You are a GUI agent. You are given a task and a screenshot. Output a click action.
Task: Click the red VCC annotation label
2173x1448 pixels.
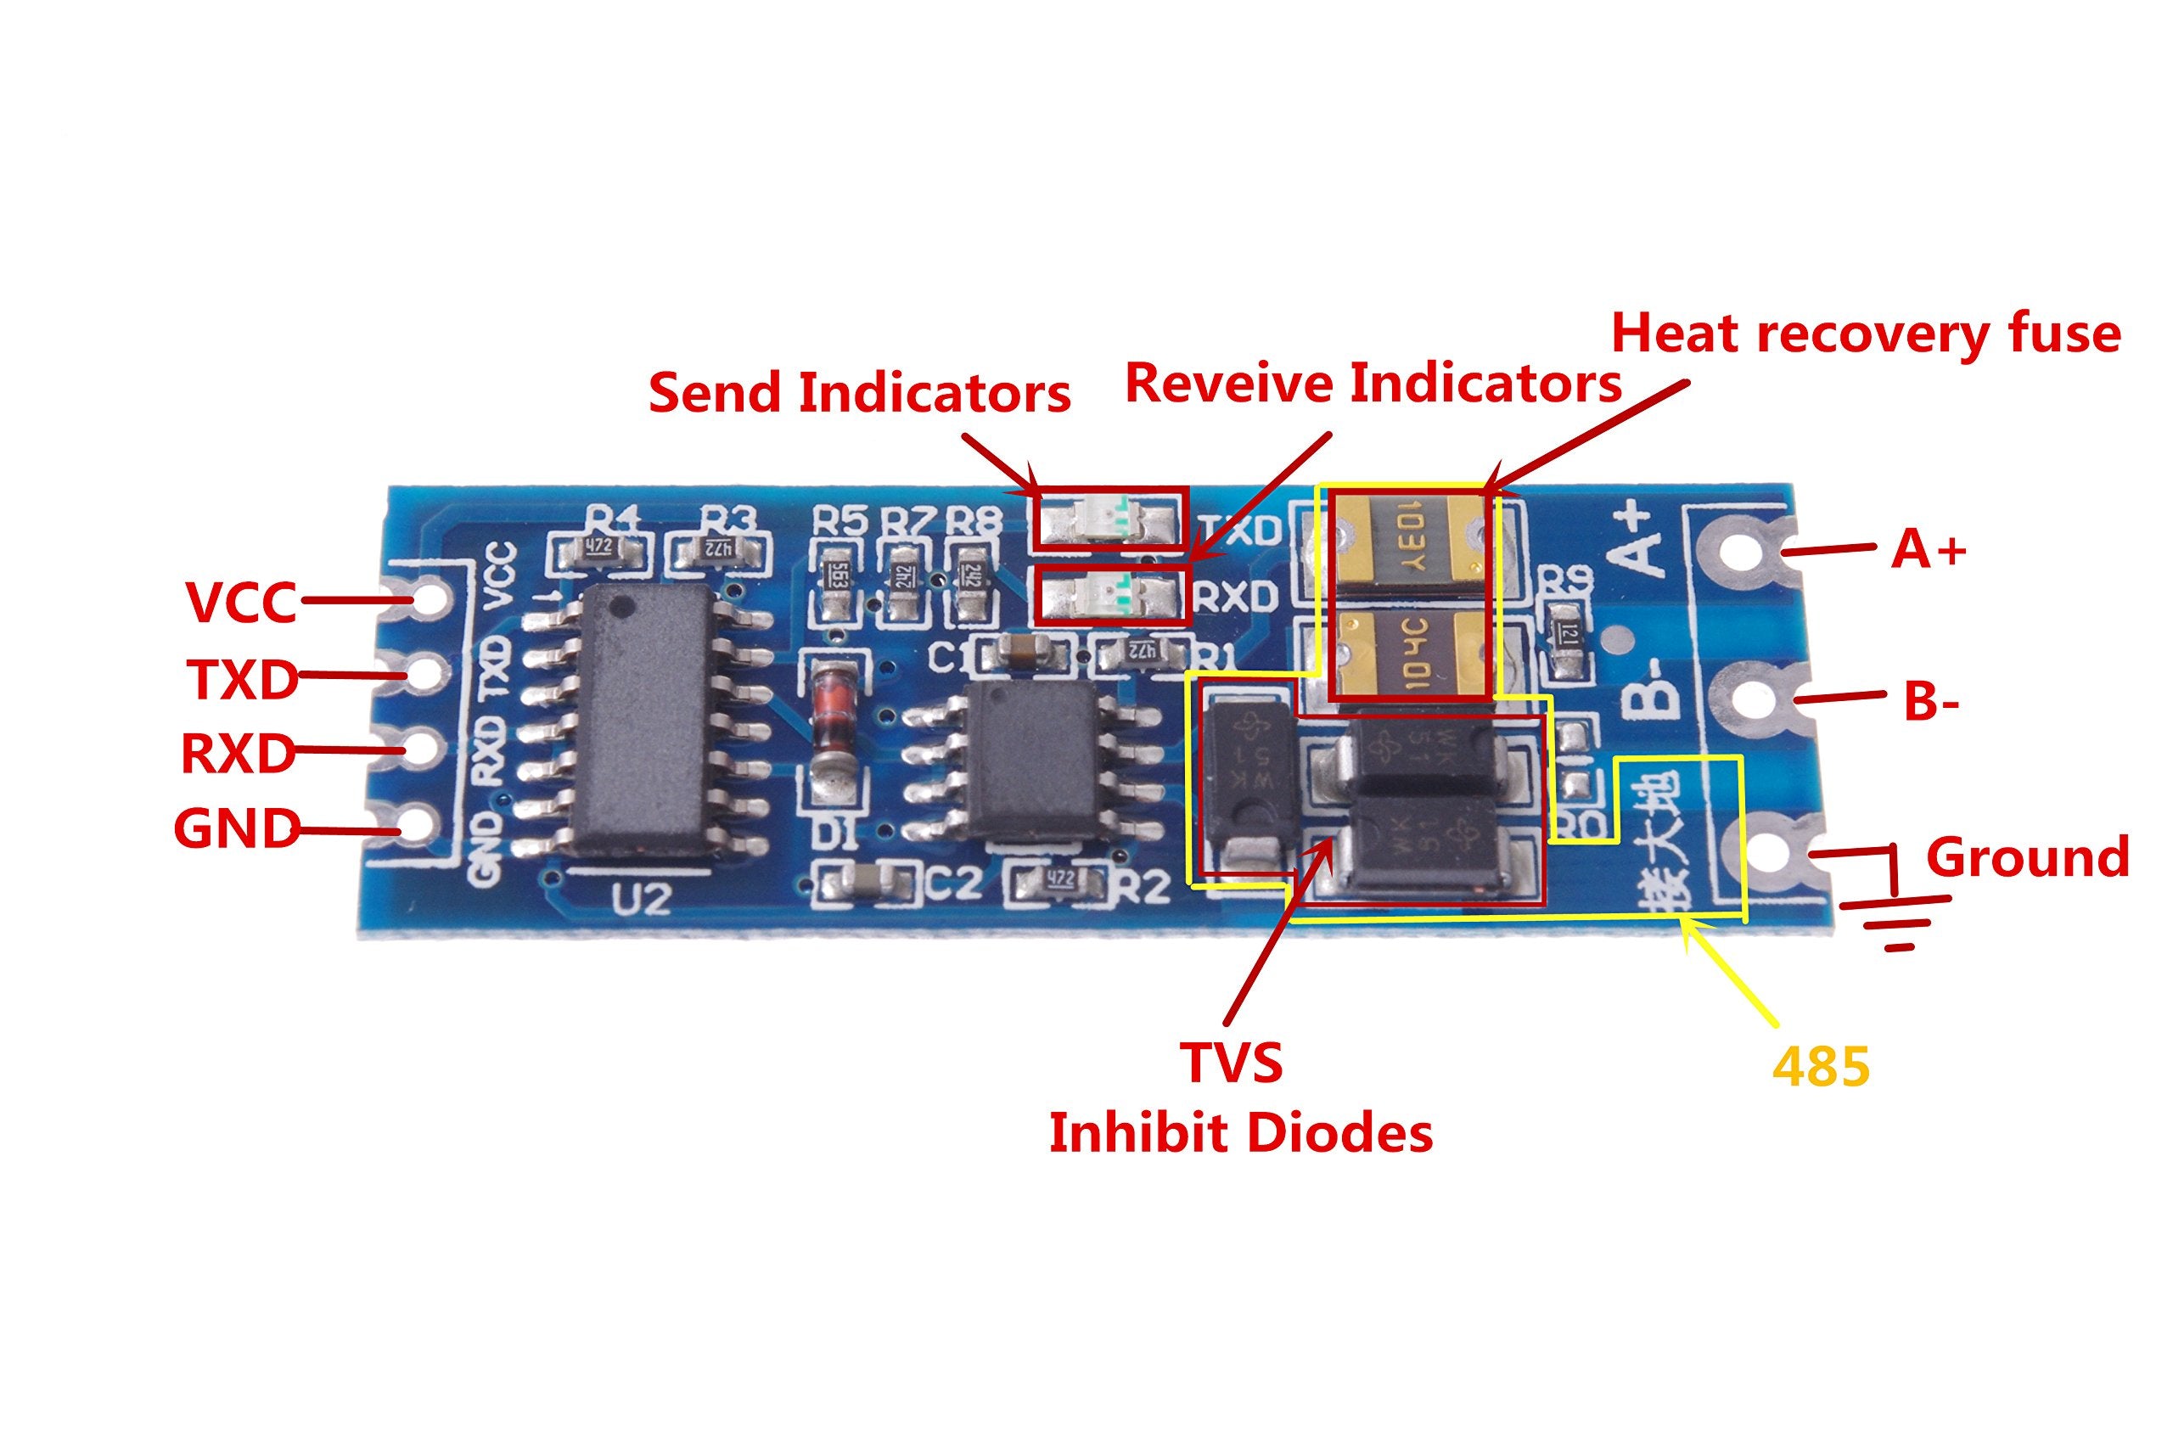(x=240, y=601)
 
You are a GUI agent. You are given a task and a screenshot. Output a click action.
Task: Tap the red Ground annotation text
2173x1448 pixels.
(x=2027, y=857)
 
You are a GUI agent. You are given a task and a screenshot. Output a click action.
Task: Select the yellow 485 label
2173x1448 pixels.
(x=1820, y=1067)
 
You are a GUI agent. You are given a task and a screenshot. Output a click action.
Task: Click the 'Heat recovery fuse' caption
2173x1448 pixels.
(x=1866, y=334)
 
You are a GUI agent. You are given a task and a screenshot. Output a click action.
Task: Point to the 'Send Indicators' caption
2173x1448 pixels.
(x=859, y=392)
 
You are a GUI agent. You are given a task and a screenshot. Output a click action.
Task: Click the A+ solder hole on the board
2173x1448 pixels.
(x=1743, y=552)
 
